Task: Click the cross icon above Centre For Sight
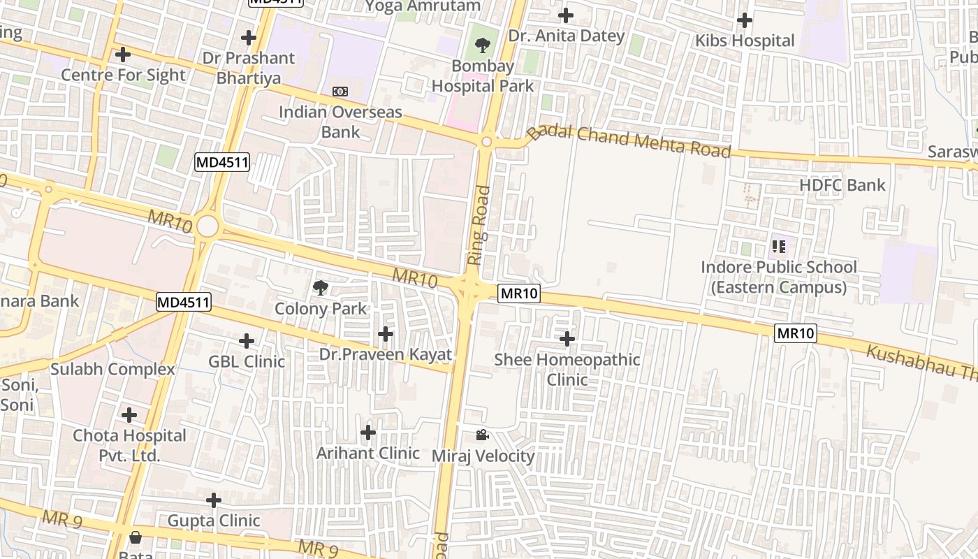pyautogui.click(x=123, y=54)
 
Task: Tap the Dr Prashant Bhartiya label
pyautogui.click(x=248, y=68)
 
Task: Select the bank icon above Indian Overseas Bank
pyautogui.click(x=340, y=92)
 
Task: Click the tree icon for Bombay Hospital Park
pyautogui.click(x=482, y=46)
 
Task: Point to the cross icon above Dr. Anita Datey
pyautogui.click(x=566, y=15)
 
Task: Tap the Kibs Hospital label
pyautogui.click(x=745, y=41)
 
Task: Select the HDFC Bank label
pyautogui.click(x=842, y=185)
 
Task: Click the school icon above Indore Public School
pyautogui.click(x=779, y=246)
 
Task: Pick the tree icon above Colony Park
pyautogui.click(x=321, y=287)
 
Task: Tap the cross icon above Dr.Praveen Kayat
pyautogui.click(x=385, y=334)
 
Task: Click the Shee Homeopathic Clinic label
pyautogui.click(x=567, y=369)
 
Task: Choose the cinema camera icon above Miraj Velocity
pyautogui.click(x=482, y=435)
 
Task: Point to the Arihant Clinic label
pyautogui.click(x=368, y=453)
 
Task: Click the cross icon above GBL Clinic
pyautogui.click(x=247, y=341)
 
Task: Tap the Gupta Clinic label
pyautogui.click(x=214, y=521)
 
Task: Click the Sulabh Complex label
pyautogui.click(x=112, y=369)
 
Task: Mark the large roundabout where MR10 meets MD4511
pyautogui.click(x=207, y=226)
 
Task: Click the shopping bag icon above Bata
pyautogui.click(x=136, y=537)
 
